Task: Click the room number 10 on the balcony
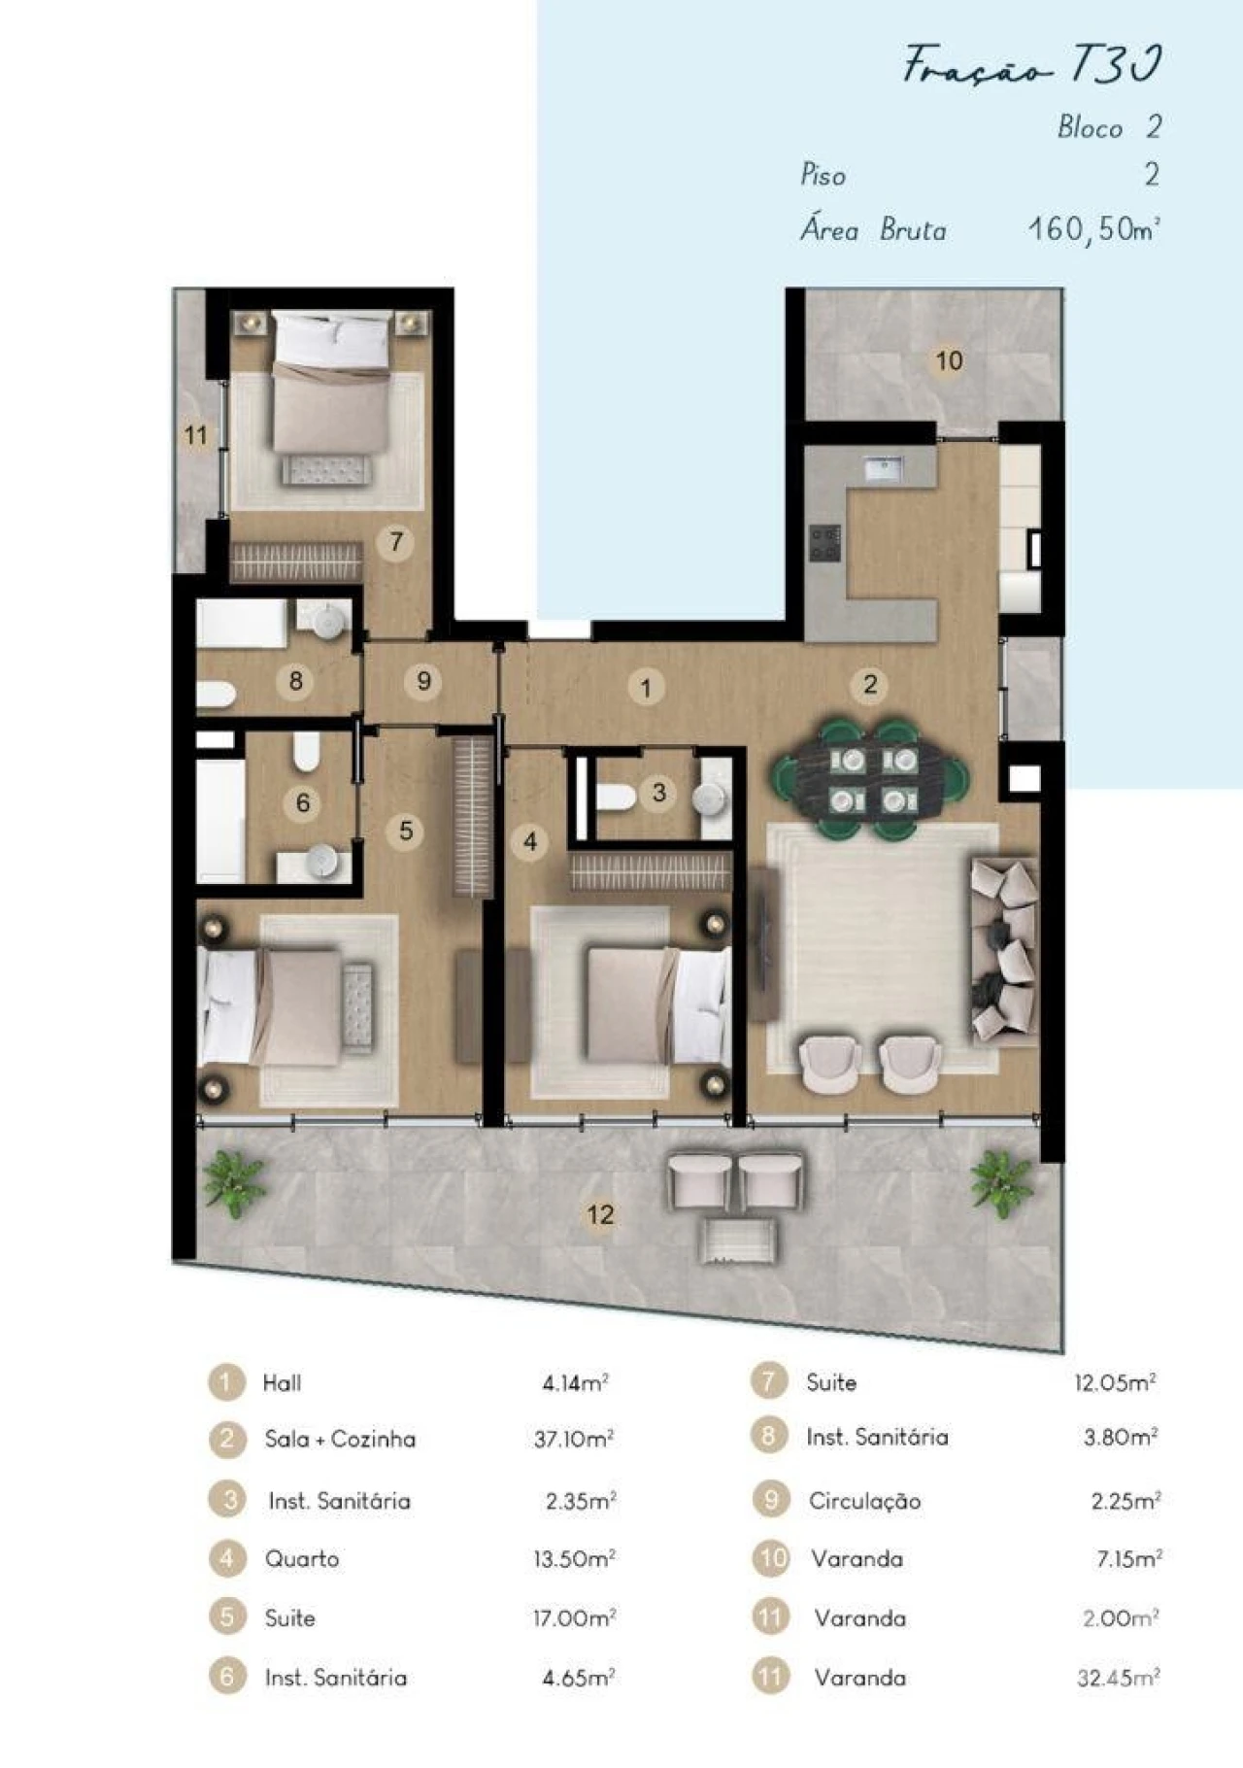[x=949, y=361]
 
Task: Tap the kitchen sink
[x=884, y=469]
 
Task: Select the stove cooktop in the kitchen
[x=825, y=543]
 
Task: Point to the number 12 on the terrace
[x=600, y=1213]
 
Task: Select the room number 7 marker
[x=396, y=541]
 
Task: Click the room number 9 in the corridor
[x=423, y=681]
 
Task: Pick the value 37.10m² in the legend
[x=573, y=1439]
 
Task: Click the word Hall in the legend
[x=282, y=1382]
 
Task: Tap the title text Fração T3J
[x=1032, y=66]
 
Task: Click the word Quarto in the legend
[x=302, y=1559]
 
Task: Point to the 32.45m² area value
[x=1118, y=1678]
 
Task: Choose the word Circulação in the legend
[x=864, y=1501]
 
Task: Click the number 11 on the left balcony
[x=196, y=434]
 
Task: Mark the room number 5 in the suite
[x=406, y=831]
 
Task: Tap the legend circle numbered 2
[x=226, y=1439]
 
